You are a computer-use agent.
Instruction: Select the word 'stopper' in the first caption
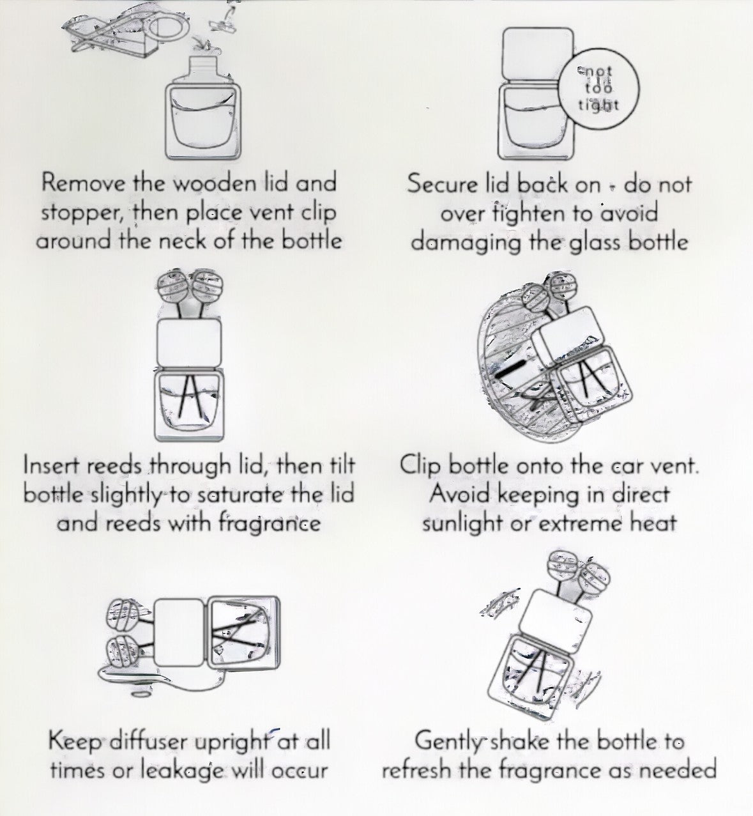click(x=85, y=213)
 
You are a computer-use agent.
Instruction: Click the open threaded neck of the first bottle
click(x=203, y=66)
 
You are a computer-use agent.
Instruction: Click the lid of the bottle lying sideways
click(x=179, y=633)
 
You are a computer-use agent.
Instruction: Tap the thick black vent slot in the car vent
click(x=511, y=369)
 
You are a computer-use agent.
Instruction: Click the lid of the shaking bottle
click(x=554, y=623)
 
